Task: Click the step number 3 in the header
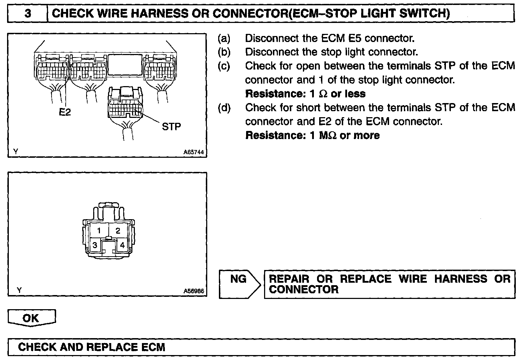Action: (x=28, y=13)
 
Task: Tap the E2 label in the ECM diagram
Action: (x=65, y=112)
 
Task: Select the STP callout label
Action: (x=171, y=126)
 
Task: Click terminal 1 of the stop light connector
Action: (x=99, y=231)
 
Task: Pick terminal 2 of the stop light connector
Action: (x=118, y=231)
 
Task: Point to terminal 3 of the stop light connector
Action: (x=95, y=245)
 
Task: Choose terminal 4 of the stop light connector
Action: (x=122, y=245)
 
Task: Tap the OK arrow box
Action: (x=31, y=318)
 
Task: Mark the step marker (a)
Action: (x=224, y=38)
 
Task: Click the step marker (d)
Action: (x=224, y=107)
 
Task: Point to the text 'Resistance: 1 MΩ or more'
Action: (x=312, y=136)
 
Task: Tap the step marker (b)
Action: (x=224, y=52)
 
